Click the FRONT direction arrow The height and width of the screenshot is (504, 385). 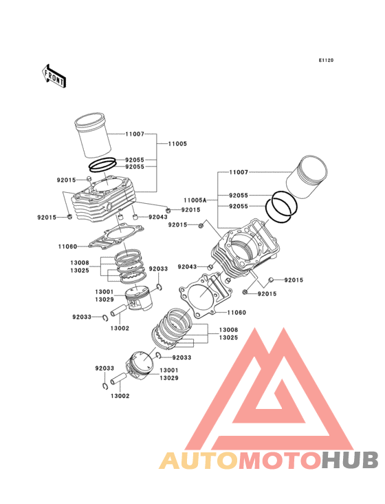[54, 76]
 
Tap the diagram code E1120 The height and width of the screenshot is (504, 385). [326, 60]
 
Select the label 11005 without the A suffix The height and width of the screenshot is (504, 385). [177, 144]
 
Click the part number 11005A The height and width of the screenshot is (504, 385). [195, 200]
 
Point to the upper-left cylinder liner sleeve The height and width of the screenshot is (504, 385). [93, 135]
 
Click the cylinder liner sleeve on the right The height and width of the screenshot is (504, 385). [307, 177]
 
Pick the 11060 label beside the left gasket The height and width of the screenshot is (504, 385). [67, 246]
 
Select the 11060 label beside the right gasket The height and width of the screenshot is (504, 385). [236, 313]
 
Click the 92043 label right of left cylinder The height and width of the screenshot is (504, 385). [158, 217]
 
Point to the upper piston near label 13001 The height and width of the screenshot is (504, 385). [138, 298]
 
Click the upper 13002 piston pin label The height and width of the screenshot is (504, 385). [120, 328]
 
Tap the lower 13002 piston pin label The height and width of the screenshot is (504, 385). [120, 396]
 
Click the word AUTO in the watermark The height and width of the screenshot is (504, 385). [199, 461]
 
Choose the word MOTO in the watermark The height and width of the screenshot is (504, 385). [280, 461]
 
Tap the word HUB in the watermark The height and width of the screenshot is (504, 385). [351, 460]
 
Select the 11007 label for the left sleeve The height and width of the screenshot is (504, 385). [135, 134]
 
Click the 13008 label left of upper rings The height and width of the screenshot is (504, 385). [80, 262]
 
